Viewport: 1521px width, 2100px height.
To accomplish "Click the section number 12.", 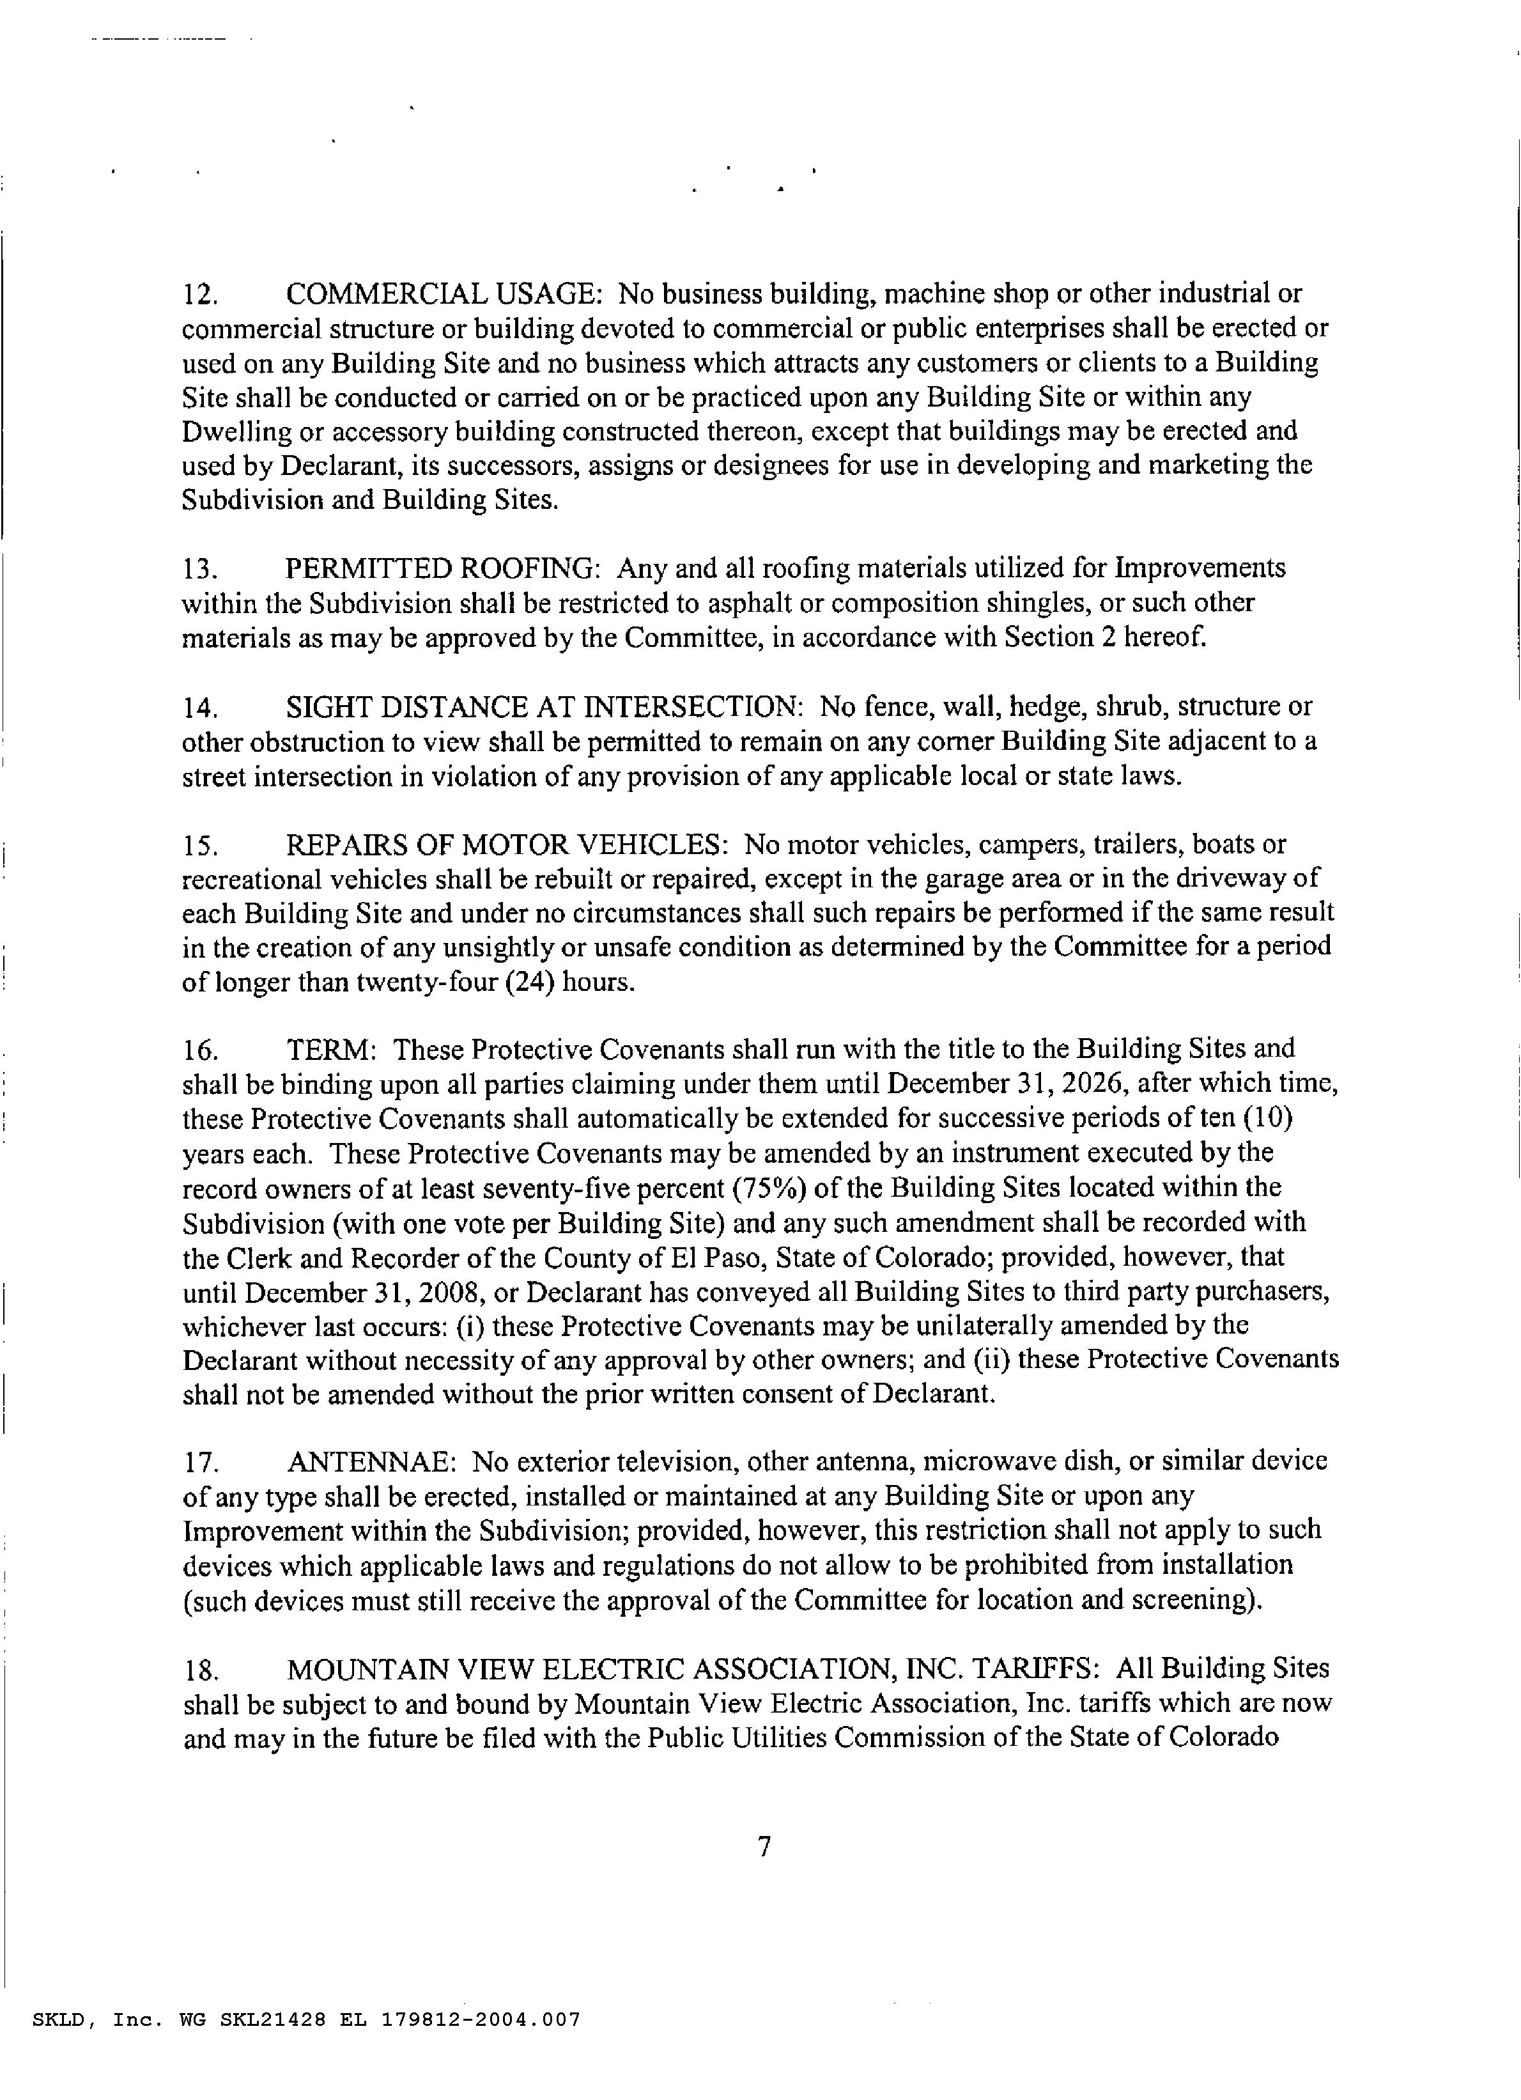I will pyautogui.click(x=200, y=295).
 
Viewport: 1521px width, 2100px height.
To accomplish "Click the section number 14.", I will pyautogui.click(x=200, y=708).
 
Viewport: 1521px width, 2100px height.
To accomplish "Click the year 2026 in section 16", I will pyautogui.click(x=1060, y=1084).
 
